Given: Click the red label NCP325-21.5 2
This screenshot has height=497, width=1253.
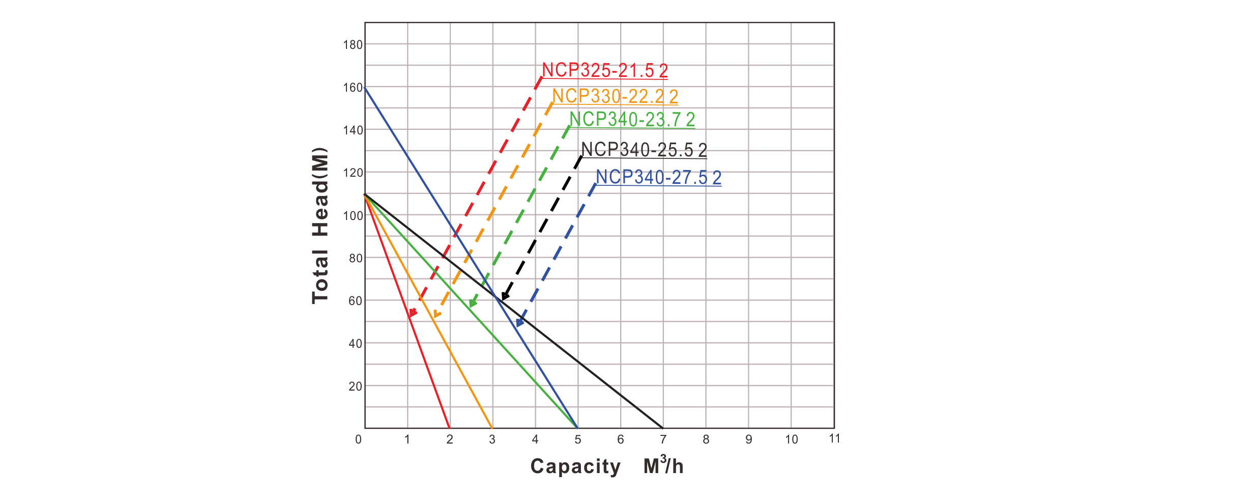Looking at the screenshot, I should point(605,71).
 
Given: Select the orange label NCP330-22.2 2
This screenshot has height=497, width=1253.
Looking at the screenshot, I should point(615,96).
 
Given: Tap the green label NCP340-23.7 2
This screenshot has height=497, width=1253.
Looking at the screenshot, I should point(632,120).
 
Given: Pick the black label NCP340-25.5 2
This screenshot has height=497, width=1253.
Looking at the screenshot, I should point(644,150).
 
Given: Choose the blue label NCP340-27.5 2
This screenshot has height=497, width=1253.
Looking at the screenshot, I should point(658,178).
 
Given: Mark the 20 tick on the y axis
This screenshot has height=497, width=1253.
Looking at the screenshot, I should point(355,386).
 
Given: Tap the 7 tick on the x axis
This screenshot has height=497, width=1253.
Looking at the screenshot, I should point(663,439).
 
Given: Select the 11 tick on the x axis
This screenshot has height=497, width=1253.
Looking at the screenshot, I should point(834,438).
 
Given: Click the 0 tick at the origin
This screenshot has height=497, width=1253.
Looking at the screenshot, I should point(359,439).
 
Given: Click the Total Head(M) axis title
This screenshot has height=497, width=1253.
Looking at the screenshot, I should point(320,226).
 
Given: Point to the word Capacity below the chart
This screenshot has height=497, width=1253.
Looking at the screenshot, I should point(575,466).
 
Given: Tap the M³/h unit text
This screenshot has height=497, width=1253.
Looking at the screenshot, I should point(663,465).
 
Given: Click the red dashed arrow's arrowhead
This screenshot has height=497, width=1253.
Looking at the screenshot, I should point(414,313).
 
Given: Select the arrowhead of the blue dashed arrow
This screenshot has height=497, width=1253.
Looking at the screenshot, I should point(519,322).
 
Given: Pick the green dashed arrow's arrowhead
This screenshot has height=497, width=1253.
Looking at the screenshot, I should point(472,303).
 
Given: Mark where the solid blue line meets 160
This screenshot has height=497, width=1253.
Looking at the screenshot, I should point(365,88).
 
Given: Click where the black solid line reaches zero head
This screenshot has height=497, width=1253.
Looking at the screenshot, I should point(663,428).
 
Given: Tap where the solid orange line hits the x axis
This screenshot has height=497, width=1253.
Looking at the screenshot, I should point(492,428).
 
